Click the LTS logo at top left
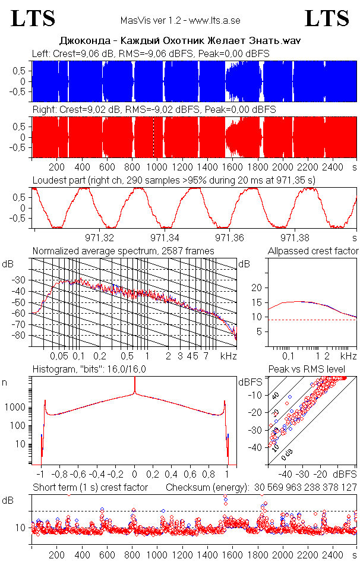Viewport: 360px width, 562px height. (33, 18)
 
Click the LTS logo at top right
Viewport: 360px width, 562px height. (327, 18)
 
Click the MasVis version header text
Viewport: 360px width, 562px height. (180, 21)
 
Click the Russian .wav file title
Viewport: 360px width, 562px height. (180, 42)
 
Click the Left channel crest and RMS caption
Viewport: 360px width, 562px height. (151, 54)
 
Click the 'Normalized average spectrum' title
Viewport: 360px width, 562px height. (123, 251)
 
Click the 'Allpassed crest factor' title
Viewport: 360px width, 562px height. (313, 251)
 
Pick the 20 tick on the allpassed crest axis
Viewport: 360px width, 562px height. (257, 288)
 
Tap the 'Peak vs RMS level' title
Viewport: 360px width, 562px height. (314, 370)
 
